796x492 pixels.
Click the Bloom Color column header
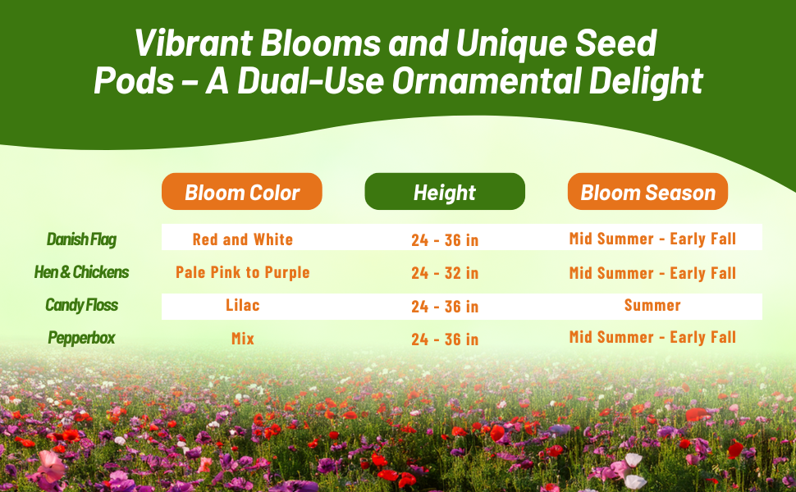click(241, 192)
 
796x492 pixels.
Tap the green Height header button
click(445, 192)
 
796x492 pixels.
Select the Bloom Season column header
click(647, 192)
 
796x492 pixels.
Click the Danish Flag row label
click(82, 239)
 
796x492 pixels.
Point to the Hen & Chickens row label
click(82, 272)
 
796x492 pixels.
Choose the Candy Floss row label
click(82, 305)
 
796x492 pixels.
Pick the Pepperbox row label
click(82, 338)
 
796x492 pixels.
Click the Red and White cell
click(243, 239)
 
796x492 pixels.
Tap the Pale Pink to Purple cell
click(243, 272)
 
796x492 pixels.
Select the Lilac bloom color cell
click(243, 305)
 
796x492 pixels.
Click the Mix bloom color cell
click(243, 339)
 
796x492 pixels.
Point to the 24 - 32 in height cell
click(446, 273)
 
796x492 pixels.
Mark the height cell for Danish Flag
click(446, 240)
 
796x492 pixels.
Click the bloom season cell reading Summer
click(652, 305)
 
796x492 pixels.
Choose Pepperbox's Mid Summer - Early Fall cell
click(652, 337)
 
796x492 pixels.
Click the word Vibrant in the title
click(194, 43)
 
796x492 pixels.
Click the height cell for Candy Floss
click(446, 307)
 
